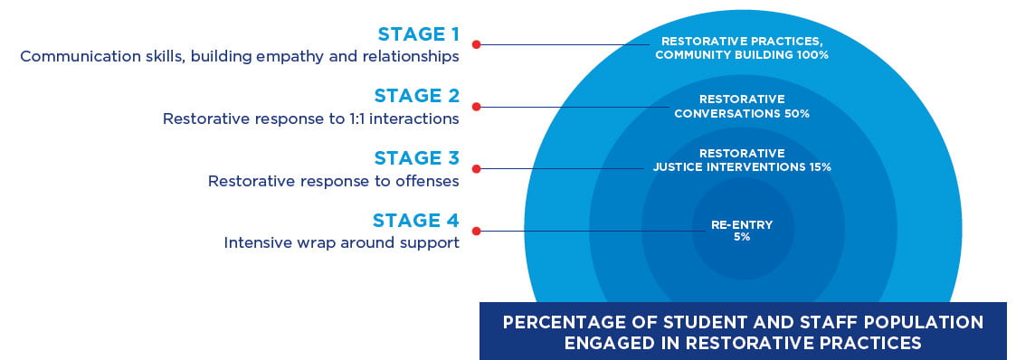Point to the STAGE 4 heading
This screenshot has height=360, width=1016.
(x=415, y=220)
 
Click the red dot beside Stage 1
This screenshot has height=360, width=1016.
(x=476, y=43)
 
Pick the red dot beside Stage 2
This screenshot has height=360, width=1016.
(x=476, y=107)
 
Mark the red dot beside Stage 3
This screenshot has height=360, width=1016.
(x=476, y=168)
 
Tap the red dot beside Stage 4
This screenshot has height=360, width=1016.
(x=476, y=231)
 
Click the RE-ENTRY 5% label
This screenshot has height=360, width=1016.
(x=741, y=231)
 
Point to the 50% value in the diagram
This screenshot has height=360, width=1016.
(x=797, y=114)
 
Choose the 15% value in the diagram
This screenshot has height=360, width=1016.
(x=818, y=167)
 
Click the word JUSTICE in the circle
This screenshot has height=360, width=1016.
(x=678, y=167)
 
